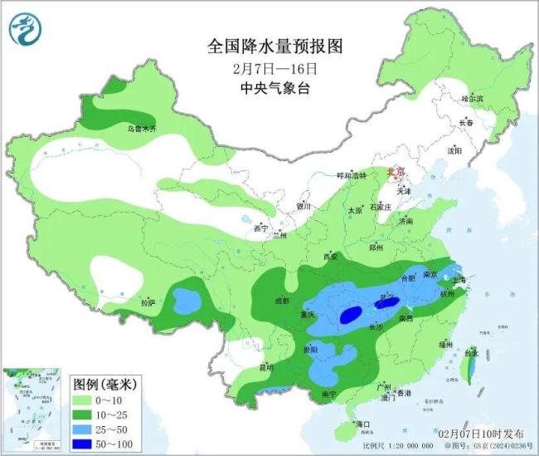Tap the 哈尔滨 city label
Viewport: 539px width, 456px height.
[x=471, y=99]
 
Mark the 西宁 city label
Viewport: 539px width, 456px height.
[x=261, y=227]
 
